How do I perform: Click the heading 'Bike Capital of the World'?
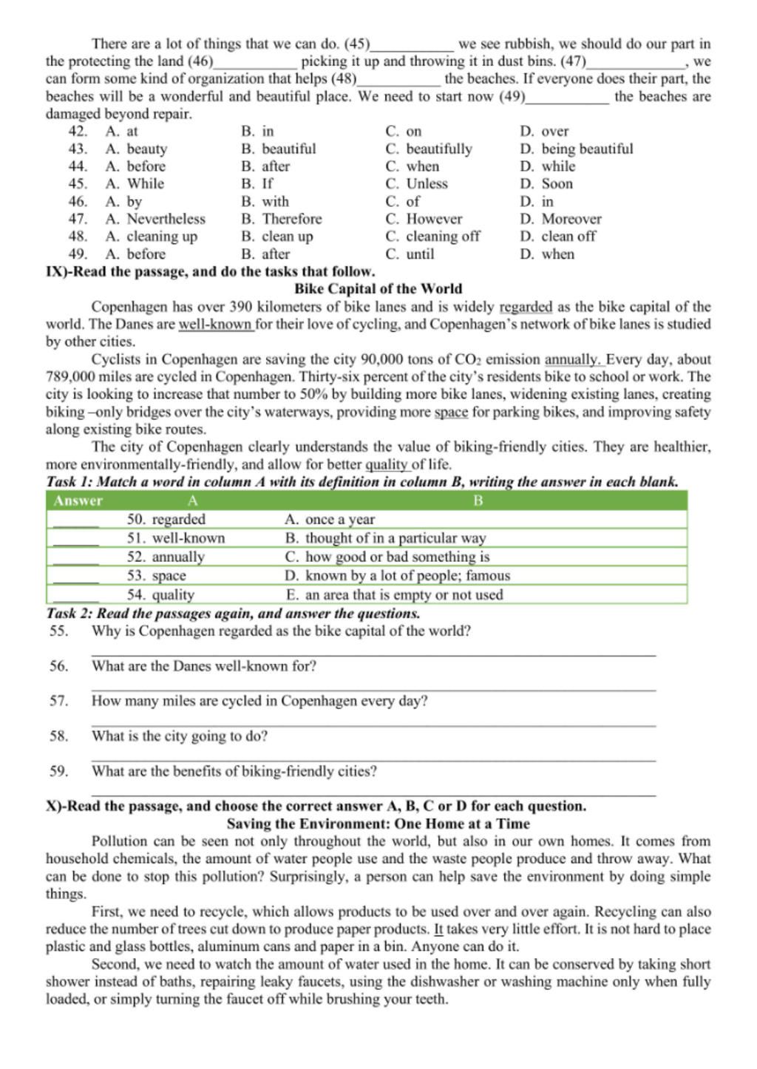point(378,289)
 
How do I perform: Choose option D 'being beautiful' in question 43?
point(577,149)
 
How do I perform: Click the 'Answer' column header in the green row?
point(78,501)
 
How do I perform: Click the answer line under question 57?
point(373,724)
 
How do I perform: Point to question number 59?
point(59,772)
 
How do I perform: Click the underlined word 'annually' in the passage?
point(573,360)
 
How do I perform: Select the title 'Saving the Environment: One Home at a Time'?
point(378,824)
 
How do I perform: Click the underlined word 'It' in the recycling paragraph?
point(438,929)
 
